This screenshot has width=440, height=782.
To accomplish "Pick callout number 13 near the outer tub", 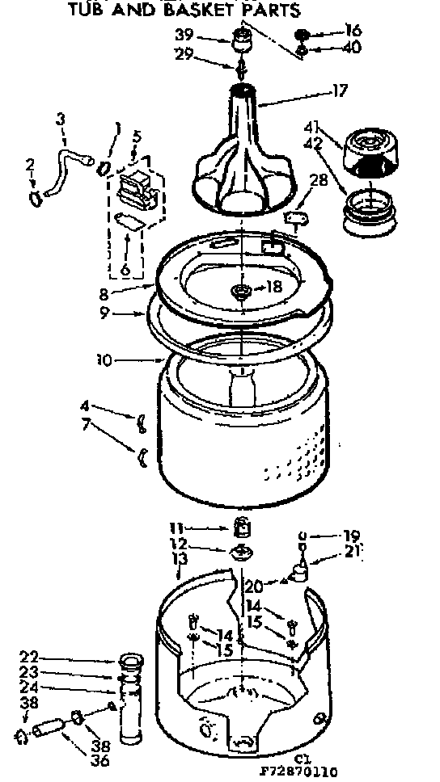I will (x=180, y=557).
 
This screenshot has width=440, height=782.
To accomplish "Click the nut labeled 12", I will (x=240, y=553).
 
